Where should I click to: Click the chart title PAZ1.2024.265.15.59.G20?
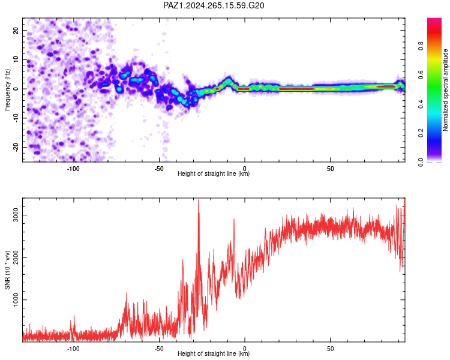[x=214, y=5]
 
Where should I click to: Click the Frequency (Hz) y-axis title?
[x=7, y=90]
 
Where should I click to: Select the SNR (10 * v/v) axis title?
[x=7, y=270]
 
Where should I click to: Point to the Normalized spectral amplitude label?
[x=445, y=90]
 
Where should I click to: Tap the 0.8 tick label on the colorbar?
[x=421, y=46]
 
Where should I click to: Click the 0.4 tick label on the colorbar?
[x=421, y=104]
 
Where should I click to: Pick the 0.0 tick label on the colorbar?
[x=421, y=162]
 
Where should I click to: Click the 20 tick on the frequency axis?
[x=16, y=30]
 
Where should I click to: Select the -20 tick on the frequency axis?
[x=16, y=147]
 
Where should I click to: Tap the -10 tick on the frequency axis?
[x=16, y=118]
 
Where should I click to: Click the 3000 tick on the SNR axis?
[x=16, y=215]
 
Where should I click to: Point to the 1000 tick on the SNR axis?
[x=16, y=300]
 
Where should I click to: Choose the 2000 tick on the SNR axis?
[x=16, y=257]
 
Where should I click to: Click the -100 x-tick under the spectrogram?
[x=73, y=169]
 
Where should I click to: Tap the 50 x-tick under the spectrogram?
[x=331, y=169]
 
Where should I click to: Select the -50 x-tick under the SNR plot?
[x=159, y=349]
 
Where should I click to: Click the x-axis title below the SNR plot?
[x=214, y=353]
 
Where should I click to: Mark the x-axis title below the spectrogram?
[x=214, y=173]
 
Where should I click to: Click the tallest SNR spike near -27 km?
[x=199, y=200]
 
